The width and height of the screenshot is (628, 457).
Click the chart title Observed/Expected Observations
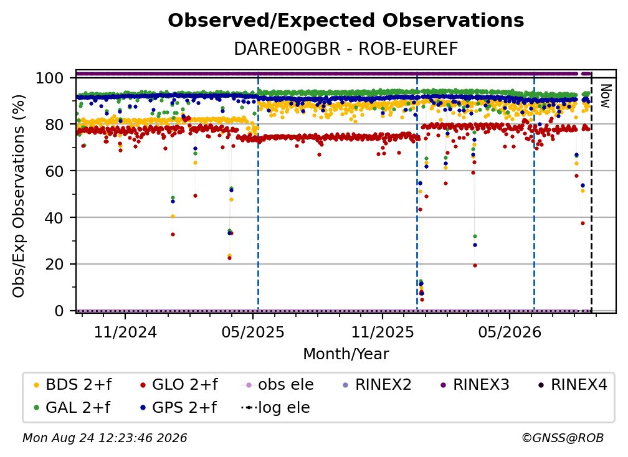point(346,21)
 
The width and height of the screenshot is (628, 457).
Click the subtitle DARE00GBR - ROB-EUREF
point(346,49)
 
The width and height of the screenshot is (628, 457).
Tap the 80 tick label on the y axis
point(54,125)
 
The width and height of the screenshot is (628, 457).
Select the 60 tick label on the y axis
point(54,171)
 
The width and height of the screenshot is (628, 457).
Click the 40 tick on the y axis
point(54,218)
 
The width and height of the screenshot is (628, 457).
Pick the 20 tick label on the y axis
point(54,264)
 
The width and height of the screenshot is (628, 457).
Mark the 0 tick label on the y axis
point(59,311)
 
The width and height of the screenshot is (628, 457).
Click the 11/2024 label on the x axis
point(125,332)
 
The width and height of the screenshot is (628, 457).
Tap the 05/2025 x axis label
point(253,332)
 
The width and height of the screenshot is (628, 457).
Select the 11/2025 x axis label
point(383,332)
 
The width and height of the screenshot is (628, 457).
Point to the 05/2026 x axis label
point(510,332)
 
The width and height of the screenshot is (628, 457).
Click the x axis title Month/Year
point(346,354)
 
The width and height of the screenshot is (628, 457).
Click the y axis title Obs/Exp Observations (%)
point(19,196)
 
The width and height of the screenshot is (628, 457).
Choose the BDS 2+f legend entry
point(72,385)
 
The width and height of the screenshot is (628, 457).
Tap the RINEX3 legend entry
point(475,385)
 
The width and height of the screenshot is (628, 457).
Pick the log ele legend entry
point(275,407)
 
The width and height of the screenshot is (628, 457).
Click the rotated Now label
point(605,96)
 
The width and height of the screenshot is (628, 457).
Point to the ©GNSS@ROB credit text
point(563,438)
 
